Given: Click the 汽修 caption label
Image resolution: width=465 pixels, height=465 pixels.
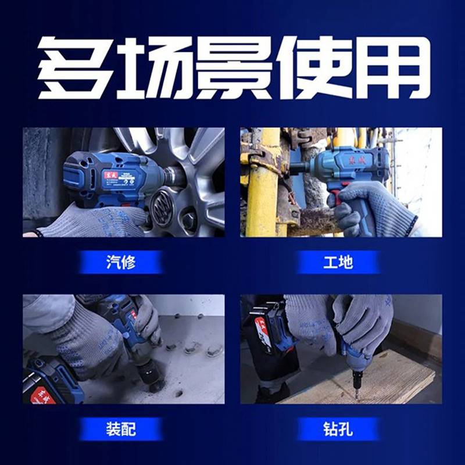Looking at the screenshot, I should [x=121, y=262].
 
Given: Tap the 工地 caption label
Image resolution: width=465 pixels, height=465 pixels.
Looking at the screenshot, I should [x=338, y=262].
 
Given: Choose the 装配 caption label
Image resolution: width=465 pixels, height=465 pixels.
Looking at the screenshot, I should [x=121, y=429].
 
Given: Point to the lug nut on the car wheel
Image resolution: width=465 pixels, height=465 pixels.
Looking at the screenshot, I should [x=189, y=220].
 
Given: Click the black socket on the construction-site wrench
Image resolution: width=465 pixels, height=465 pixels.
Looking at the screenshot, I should [x=298, y=167].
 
